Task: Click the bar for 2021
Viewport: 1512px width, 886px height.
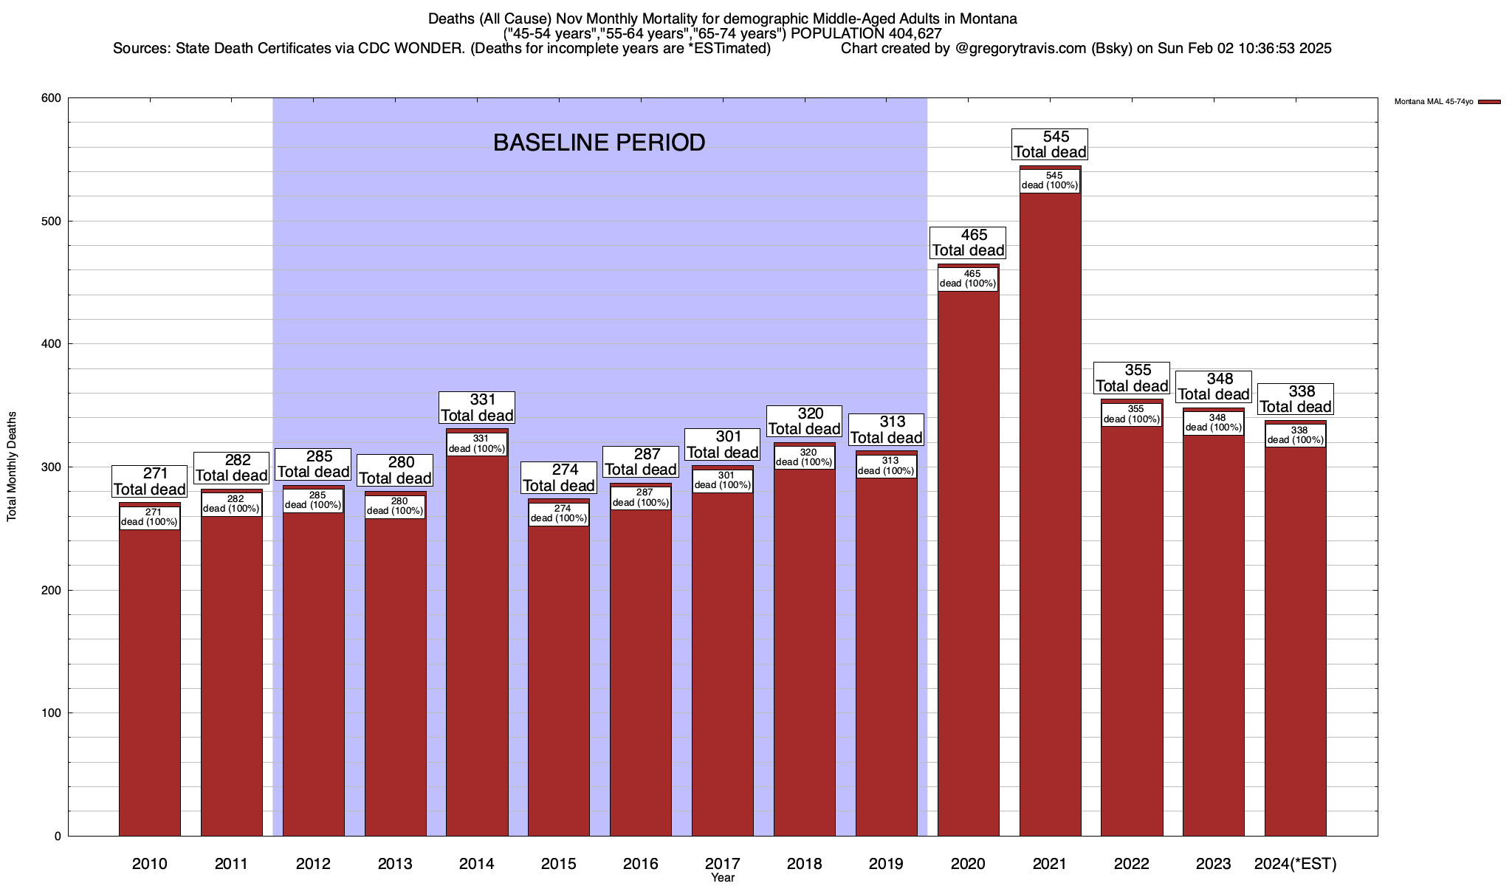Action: pyautogui.click(x=1050, y=517)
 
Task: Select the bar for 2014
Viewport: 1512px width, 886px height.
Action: pyautogui.click(x=477, y=642)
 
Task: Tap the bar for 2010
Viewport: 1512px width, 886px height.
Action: pyautogui.click(x=150, y=679)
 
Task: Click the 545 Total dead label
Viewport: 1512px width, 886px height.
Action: pyautogui.click(x=1050, y=145)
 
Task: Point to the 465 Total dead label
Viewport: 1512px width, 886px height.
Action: pyautogui.click(x=968, y=243)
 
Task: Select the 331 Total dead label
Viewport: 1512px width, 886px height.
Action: pyautogui.click(x=477, y=408)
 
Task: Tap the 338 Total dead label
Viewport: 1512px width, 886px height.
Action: pyautogui.click(x=1296, y=399)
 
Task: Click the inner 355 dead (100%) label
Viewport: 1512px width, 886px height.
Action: pyautogui.click(x=1132, y=414)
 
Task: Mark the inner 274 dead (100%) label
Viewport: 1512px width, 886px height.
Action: pyautogui.click(x=559, y=513)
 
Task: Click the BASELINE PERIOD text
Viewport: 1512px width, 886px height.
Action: pyautogui.click(x=599, y=142)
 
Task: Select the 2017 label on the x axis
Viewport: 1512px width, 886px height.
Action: pyautogui.click(x=723, y=863)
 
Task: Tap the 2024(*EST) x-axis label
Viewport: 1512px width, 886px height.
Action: pyautogui.click(x=1296, y=863)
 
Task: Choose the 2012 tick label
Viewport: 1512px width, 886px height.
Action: pyautogui.click(x=313, y=863)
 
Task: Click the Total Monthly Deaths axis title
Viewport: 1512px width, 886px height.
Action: pyautogui.click(x=12, y=466)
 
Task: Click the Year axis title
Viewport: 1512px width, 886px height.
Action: pyautogui.click(x=723, y=878)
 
